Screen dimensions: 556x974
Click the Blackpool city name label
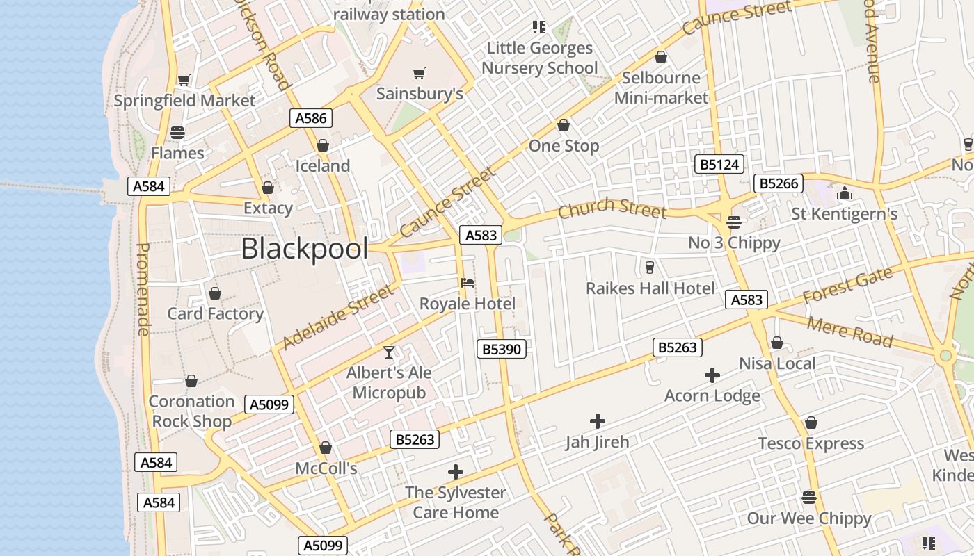tap(304, 249)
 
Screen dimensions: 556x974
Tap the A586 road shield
tap(310, 118)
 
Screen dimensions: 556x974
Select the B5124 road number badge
tap(719, 165)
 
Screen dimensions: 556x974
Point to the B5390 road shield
tap(501, 349)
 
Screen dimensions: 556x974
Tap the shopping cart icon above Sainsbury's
tap(419, 73)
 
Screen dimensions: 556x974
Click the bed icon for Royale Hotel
tap(468, 283)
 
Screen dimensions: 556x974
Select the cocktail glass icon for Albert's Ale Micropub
tap(389, 352)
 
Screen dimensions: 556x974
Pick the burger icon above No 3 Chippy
tap(733, 222)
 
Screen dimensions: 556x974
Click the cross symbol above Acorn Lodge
tap(712, 375)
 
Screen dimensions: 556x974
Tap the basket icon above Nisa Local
tap(777, 343)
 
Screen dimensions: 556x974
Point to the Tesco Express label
tap(811, 443)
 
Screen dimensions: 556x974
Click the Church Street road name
tap(612, 207)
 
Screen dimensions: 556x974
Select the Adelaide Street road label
tap(338, 318)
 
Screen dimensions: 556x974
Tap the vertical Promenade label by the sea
tap(143, 288)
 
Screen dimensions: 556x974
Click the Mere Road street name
tap(849, 332)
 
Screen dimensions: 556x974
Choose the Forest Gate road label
tap(847, 285)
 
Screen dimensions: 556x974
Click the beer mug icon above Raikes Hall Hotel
tap(650, 268)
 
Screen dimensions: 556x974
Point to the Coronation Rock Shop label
tap(191, 411)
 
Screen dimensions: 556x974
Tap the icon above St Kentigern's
tap(845, 193)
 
